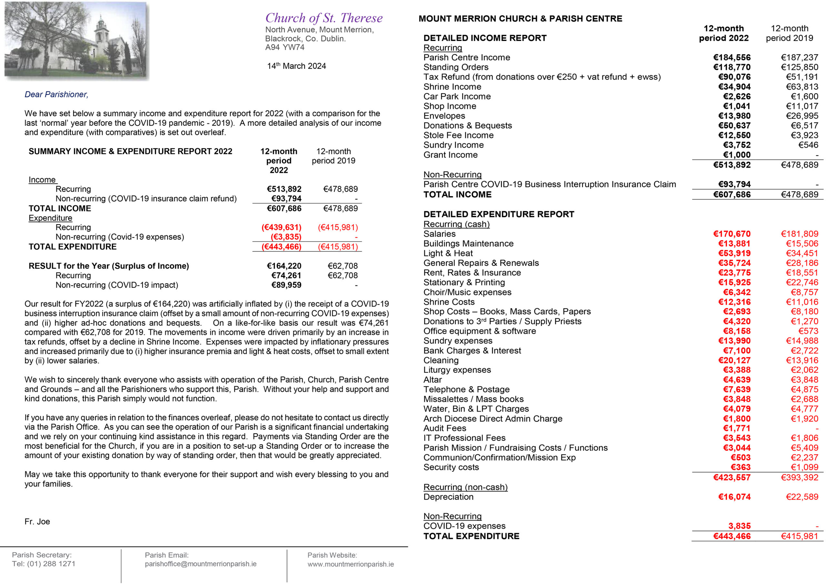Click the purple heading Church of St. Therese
(324, 18)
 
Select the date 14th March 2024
(297, 66)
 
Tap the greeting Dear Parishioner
(56, 94)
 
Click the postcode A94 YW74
(285, 47)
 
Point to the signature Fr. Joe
(37, 521)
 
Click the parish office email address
(200, 564)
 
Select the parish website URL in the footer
(350, 564)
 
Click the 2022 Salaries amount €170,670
(732, 234)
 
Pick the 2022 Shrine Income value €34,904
(734, 87)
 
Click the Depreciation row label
(448, 497)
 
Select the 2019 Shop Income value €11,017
(802, 106)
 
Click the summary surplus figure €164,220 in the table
(284, 266)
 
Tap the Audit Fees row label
(445, 428)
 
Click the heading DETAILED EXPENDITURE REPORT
(499, 214)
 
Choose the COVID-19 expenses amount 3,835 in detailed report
(739, 526)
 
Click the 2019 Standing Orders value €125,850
(799, 67)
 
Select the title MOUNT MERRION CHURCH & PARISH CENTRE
(520, 19)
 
